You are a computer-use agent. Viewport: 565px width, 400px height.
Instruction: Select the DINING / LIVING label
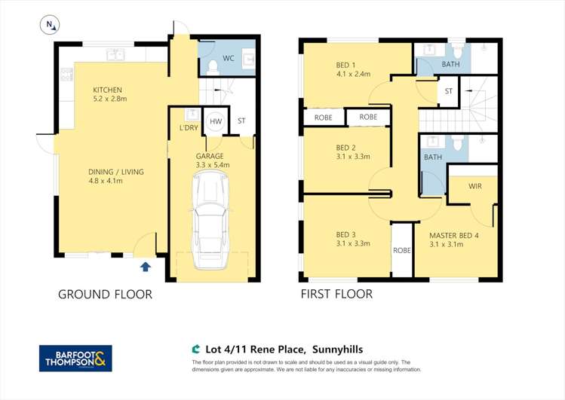click(115, 171)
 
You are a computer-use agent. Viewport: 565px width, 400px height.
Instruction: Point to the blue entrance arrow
click(145, 266)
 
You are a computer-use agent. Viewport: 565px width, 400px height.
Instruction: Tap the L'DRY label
click(189, 127)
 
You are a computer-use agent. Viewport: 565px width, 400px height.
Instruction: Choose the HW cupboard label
click(216, 121)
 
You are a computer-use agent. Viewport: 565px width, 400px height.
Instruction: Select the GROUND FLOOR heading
click(105, 295)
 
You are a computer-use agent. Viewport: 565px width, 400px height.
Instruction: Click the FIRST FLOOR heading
click(336, 294)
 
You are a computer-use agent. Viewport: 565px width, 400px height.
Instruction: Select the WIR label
click(475, 185)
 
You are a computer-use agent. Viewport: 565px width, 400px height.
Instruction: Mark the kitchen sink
click(116, 54)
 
